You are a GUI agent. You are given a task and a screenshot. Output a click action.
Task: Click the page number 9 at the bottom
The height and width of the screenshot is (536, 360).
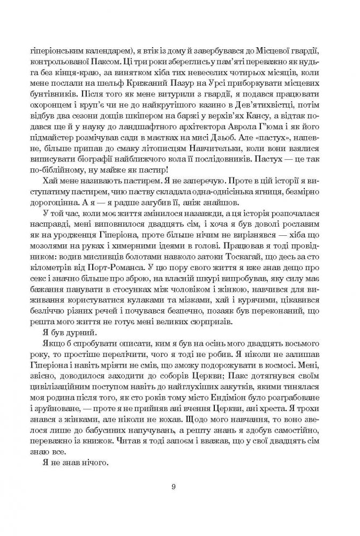click(x=173, y=487)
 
